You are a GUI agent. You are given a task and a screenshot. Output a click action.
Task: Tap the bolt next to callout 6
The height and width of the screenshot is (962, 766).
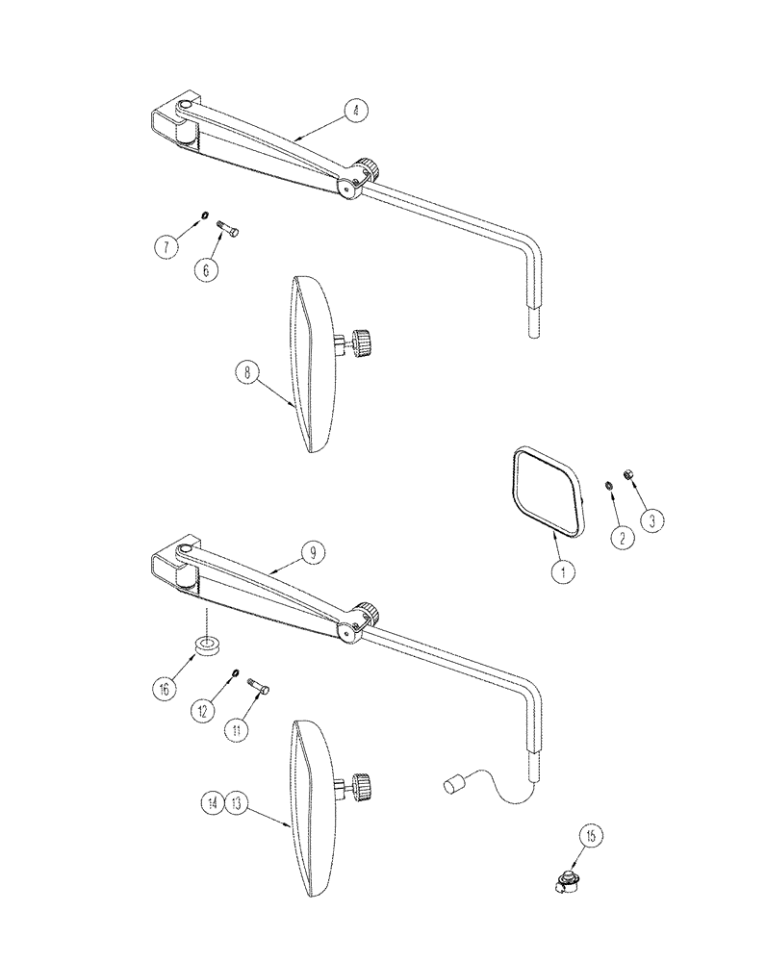pos(228,228)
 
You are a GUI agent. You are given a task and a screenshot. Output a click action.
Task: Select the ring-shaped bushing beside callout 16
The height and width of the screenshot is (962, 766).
pos(207,646)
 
